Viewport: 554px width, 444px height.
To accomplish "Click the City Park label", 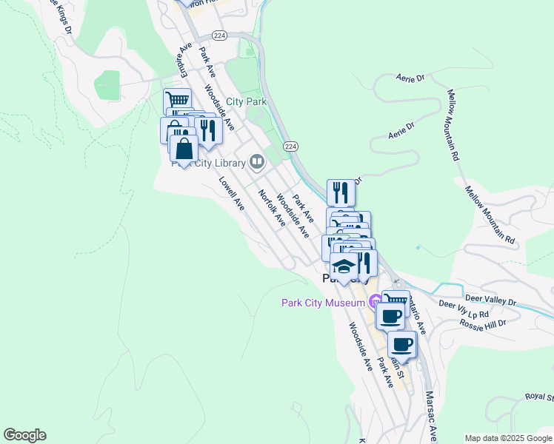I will tap(247, 101).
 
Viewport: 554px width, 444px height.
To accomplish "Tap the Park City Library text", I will tap(209, 164).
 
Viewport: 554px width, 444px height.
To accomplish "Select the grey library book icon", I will tap(257, 161).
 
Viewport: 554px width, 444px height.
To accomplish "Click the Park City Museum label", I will tap(324, 302).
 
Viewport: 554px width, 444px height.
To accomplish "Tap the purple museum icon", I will tap(375, 300).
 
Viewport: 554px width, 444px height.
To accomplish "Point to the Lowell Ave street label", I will tap(231, 193).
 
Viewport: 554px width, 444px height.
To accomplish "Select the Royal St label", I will tap(540, 397).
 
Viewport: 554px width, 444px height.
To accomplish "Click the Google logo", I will tap(24, 435).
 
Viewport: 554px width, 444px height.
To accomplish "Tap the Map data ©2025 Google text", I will tap(507, 437).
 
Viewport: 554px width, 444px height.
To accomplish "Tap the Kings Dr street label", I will tap(61, 16).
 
